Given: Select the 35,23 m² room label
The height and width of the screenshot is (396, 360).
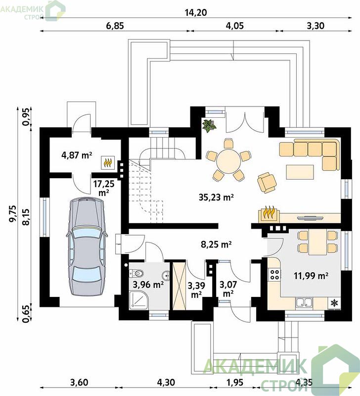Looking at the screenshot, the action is pos(216,197).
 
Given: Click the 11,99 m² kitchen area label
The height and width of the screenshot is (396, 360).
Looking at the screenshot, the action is pos(311,276).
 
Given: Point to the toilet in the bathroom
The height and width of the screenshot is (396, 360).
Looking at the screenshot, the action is pos(136,273).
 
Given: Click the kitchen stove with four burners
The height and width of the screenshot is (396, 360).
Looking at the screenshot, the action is pos(275,275).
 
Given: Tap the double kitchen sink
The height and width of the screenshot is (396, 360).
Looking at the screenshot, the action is pos(304,303).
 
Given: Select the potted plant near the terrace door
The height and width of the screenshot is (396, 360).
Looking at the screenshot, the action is pos(209,126).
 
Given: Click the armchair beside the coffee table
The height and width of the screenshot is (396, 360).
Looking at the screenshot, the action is pos(267,183).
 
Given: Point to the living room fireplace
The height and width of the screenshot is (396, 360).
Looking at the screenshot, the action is pos(269,214).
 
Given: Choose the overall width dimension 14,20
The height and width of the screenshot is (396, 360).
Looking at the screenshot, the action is pos(196,13).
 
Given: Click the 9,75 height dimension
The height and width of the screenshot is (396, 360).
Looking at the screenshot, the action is pos(13,214).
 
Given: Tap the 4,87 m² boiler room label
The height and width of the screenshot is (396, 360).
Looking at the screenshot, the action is pos(77,155).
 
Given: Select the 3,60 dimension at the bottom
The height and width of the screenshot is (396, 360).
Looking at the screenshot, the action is pos(79,382).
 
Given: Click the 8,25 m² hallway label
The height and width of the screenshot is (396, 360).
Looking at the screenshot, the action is pos(216,245).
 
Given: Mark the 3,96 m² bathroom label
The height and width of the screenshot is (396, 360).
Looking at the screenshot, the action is pos(148,285).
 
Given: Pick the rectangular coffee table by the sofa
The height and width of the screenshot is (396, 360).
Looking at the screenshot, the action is pos(300,172).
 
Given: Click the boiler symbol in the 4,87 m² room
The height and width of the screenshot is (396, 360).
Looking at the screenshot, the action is pos(108,163).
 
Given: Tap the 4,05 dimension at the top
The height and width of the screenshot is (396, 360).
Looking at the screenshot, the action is pos(234,26).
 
